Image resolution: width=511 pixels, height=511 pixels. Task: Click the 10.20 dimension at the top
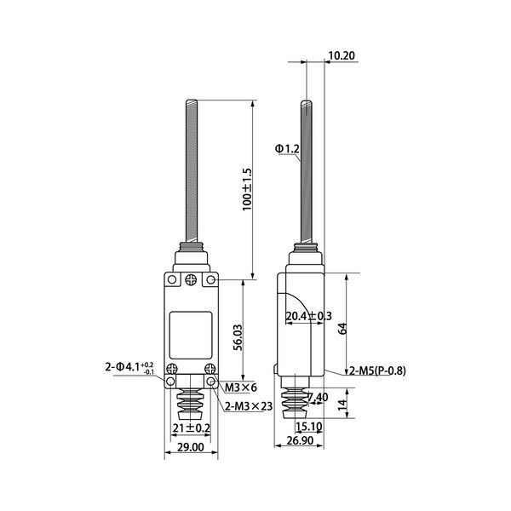point(341,56)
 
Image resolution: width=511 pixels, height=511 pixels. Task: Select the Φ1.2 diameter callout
point(288,149)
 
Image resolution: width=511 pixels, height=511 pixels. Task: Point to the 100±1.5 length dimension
point(248,189)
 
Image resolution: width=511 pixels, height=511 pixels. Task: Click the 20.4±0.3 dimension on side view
point(308,316)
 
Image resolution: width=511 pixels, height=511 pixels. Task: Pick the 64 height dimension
point(342,328)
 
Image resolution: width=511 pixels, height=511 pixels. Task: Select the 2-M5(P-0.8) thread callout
point(379,370)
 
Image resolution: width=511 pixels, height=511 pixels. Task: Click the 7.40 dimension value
point(317,397)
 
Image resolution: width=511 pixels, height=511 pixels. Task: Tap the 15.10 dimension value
point(308,428)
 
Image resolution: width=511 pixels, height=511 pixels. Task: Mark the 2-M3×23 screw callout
point(249,406)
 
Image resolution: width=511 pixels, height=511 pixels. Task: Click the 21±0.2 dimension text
point(190,428)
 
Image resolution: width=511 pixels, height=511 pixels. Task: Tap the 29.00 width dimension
point(190,446)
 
